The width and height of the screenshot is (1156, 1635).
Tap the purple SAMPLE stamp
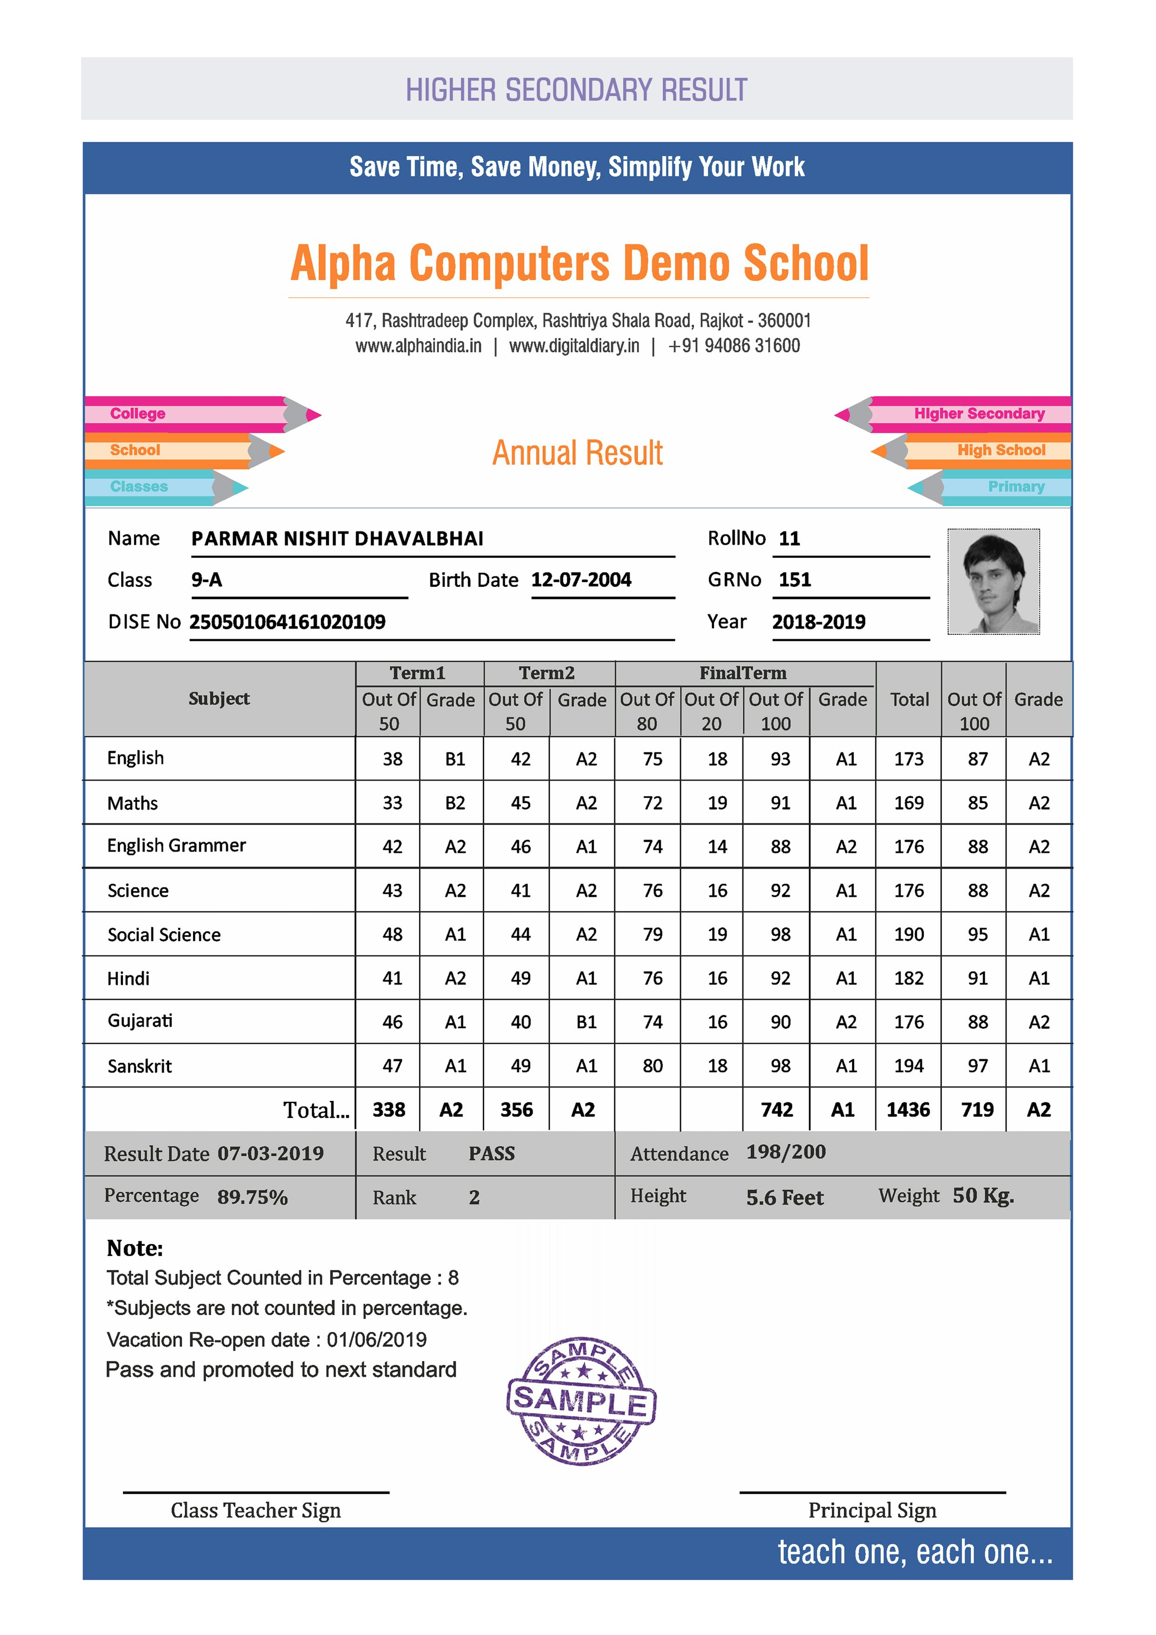pyautogui.click(x=581, y=1400)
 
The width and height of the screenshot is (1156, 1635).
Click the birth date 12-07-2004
pyautogui.click(x=581, y=580)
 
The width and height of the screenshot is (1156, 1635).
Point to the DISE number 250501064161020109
pyautogui.click(x=287, y=622)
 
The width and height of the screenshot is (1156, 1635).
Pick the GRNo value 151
pyautogui.click(x=795, y=580)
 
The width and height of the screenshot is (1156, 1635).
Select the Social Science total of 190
pyautogui.click(x=909, y=934)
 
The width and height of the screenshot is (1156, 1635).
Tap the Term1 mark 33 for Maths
pyautogui.click(x=392, y=803)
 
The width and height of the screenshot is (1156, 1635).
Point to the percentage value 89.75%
pyautogui.click(x=252, y=1197)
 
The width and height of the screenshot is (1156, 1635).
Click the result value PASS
pyautogui.click(x=491, y=1154)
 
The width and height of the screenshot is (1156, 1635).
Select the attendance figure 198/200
pyautogui.click(x=785, y=1152)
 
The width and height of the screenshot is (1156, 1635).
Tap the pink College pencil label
pyautogui.click(x=138, y=414)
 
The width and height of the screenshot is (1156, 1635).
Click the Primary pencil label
pyautogui.click(x=1016, y=487)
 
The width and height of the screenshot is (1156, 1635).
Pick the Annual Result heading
pyautogui.click(x=578, y=453)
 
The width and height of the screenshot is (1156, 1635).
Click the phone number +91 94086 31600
pyautogui.click(x=734, y=346)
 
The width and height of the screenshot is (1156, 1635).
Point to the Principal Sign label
pyautogui.click(x=872, y=1511)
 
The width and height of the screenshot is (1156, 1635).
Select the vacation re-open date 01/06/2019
pyautogui.click(x=376, y=1340)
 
